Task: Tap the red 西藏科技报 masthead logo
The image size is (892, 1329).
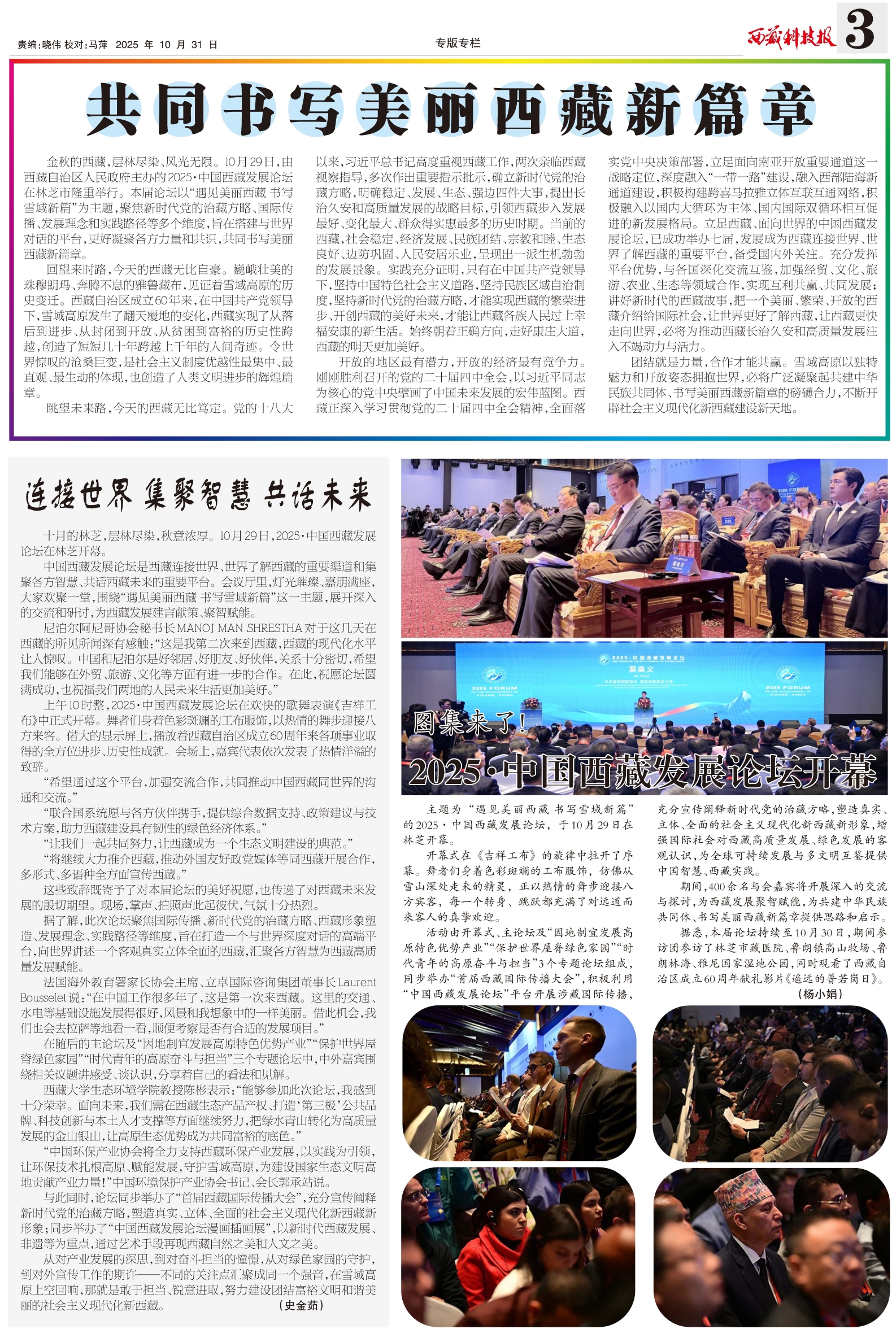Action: [791, 37]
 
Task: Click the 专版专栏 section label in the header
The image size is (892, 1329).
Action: [458, 43]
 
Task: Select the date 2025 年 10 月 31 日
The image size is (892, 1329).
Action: [166, 45]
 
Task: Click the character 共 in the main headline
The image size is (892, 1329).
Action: [113, 109]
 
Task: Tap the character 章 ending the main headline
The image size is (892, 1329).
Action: [788, 109]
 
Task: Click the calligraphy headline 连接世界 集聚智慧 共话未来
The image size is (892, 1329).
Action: [198, 494]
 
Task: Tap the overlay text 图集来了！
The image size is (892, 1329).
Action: [470, 723]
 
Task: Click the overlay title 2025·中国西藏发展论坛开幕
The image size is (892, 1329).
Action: [642, 771]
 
